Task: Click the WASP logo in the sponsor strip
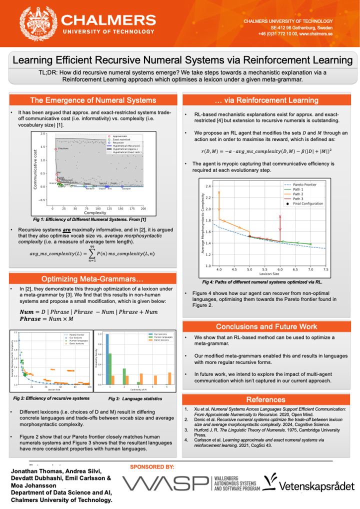165,484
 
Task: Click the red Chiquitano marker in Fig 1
55,149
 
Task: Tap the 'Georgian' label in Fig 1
126,188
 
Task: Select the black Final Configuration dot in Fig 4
249,236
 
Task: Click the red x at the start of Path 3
280,216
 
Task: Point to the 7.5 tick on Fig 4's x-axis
325,269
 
